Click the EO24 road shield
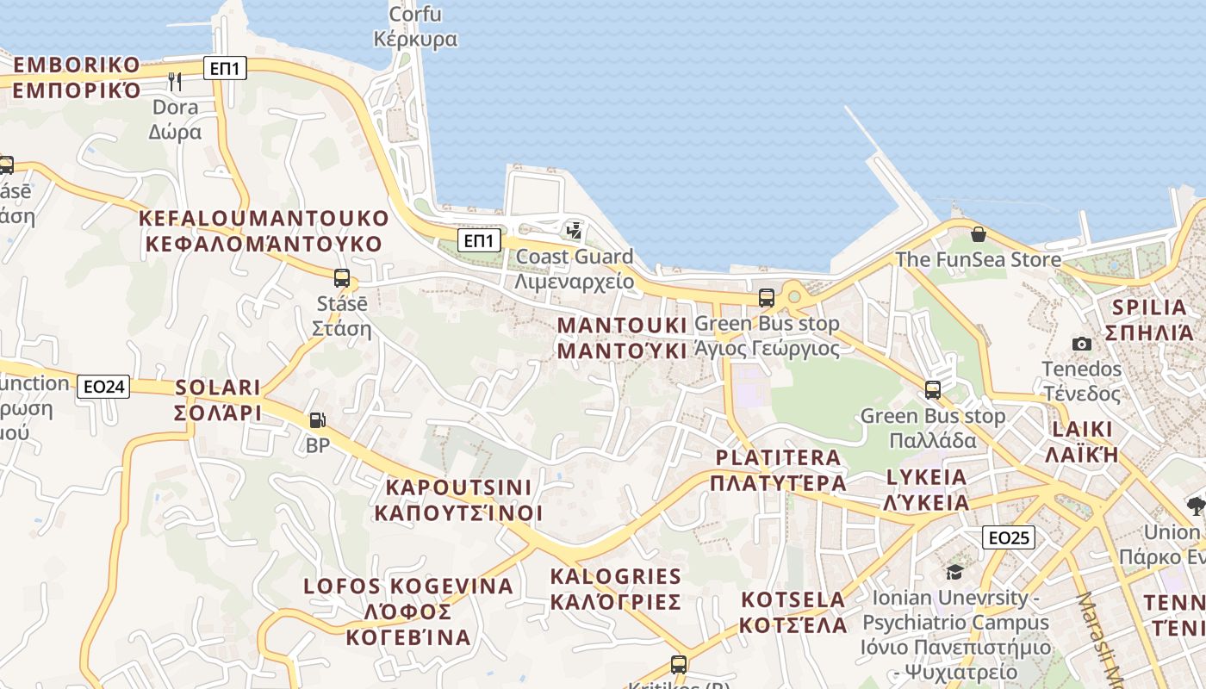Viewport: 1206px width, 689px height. click(x=103, y=387)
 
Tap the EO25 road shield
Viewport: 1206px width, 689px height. click(x=1008, y=537)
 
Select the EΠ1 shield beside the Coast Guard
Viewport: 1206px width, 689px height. click(x=478, y=240)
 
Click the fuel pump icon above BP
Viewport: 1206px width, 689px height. click(x=317, y=420)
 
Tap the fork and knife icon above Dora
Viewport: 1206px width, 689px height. click(x=175, y=81)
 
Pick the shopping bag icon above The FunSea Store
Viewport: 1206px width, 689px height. click(x=978, y=233)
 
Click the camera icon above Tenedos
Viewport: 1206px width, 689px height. click(x=1082, y=344)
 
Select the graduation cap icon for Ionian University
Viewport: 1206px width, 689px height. click(x=954, y=572)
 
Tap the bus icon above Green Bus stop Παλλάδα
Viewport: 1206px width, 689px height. click(x=932, y=390)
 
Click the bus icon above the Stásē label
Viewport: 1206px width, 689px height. click(x=342, y=278)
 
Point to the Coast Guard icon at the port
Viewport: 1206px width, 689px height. click(x=574, y=230)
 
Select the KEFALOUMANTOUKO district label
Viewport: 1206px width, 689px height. click(x=264, y=231)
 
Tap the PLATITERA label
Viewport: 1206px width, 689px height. click(x=778, y=469)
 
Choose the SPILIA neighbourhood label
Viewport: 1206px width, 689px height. click(x=1149, y=320)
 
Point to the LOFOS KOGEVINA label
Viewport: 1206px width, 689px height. click(x=408, y=611)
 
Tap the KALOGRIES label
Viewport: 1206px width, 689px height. click(x=616, y=588)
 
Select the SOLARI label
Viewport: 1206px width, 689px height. click(x=218, y=400)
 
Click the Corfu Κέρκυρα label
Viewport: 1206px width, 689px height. click(x=415, y=27)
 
